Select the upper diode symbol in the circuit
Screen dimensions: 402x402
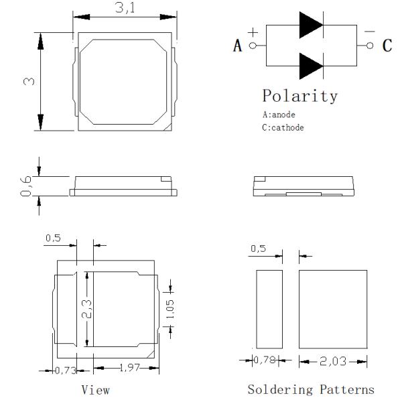tap(311, 26)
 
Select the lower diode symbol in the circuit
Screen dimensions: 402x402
tap(311, 66)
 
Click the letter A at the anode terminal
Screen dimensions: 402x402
tap(237, 46)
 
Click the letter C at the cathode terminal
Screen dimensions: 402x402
tap(387, 46)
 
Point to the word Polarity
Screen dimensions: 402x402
tap(299, 95)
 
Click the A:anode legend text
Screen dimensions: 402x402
tap(279, 115)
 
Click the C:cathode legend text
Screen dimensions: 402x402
tap(283, 127)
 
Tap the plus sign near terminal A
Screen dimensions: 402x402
tap(253, 33)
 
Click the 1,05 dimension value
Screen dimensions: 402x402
tap(170, 309)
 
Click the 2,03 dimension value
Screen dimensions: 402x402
tap(332, 362)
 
